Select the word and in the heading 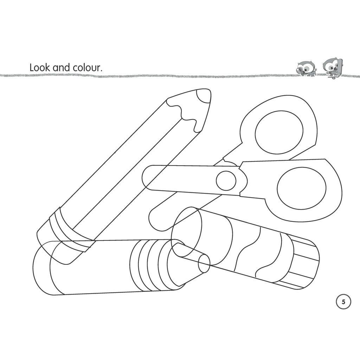point(61,67)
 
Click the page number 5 point(343,302)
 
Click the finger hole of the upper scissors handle point(278,134)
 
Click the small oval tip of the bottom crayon point(204,264)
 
